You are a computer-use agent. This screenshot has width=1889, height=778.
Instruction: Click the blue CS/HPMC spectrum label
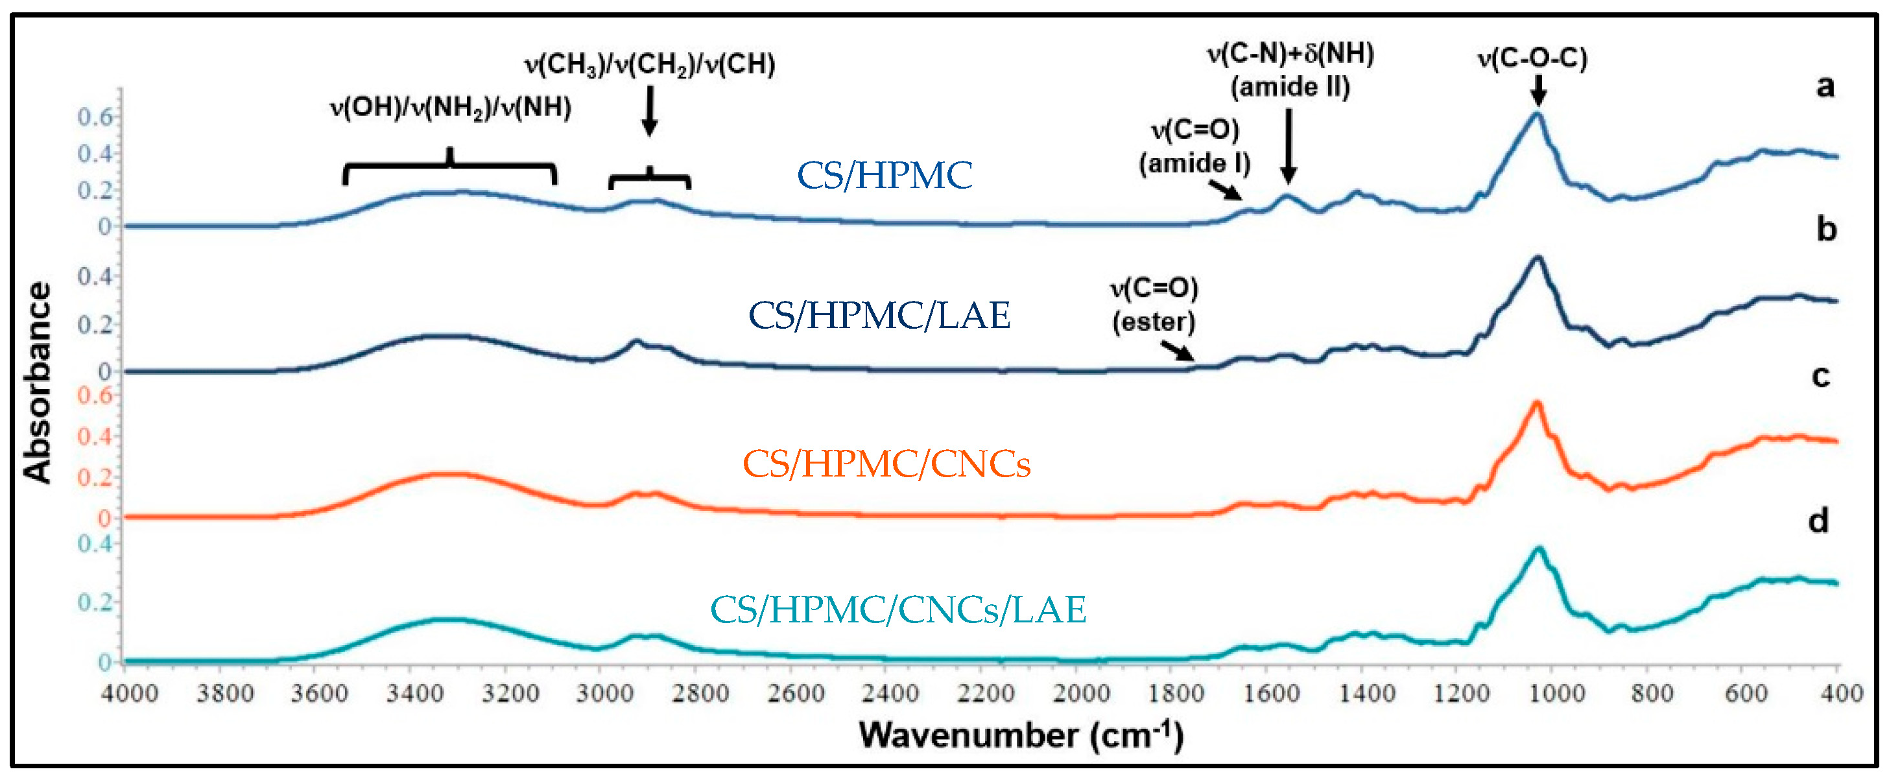885,175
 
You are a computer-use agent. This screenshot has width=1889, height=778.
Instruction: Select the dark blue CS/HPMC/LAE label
879,315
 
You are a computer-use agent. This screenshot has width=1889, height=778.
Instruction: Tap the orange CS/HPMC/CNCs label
886,464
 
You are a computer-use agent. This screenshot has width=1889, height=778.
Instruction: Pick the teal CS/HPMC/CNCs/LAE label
897,609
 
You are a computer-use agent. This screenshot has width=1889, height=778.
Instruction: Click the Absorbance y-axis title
38,382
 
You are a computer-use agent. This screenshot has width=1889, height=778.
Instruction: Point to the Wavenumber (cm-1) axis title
1021,735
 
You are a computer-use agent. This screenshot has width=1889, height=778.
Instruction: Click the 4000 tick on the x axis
129,693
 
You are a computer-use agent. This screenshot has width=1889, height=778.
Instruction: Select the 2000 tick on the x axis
1081,693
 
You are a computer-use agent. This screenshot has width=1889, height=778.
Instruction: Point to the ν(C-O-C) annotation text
1532,58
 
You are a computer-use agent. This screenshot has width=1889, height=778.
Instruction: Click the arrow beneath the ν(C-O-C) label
1538,91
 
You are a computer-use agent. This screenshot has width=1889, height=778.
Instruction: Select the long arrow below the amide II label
1289,145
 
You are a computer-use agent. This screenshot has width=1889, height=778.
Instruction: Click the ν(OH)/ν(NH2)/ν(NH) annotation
450,108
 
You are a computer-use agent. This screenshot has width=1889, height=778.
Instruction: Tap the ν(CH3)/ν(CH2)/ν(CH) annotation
650,65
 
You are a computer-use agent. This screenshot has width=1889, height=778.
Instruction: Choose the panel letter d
1818,521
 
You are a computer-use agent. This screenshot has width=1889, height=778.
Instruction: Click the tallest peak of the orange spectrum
1536,404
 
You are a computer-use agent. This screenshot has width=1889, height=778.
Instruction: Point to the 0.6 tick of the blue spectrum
95,117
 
